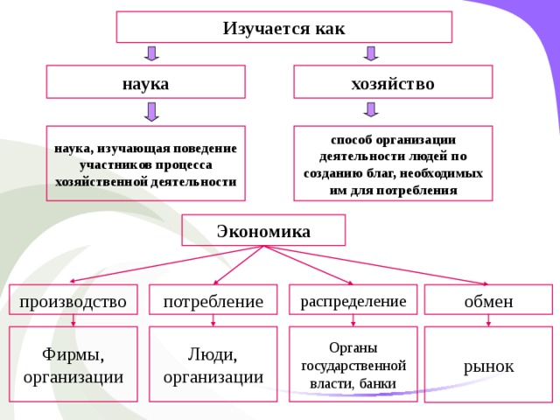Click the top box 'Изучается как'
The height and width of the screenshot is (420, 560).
tap(283, 27)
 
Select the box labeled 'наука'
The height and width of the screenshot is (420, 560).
tap(145, 82)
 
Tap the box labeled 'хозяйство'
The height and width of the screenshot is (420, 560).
tap(392, 82)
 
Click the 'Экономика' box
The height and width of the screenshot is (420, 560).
tap(263, 231)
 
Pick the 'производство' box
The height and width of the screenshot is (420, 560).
tap(73, 300)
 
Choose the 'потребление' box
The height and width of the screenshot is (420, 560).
tap(213, 300)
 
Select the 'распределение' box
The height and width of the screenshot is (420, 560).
tap(353, 300)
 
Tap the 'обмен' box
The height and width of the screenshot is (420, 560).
tap(488, 300)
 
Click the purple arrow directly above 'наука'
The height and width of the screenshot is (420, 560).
tap(151, 53)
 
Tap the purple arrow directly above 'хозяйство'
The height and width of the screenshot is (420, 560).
tap(370, 53)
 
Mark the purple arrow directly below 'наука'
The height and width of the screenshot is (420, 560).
tap(151, 111)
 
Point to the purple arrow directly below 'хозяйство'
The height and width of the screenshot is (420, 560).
tap(370, 109)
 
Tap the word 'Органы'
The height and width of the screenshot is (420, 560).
tap(353, 347)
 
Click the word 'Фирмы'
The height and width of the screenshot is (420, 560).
tap(73, 354)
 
